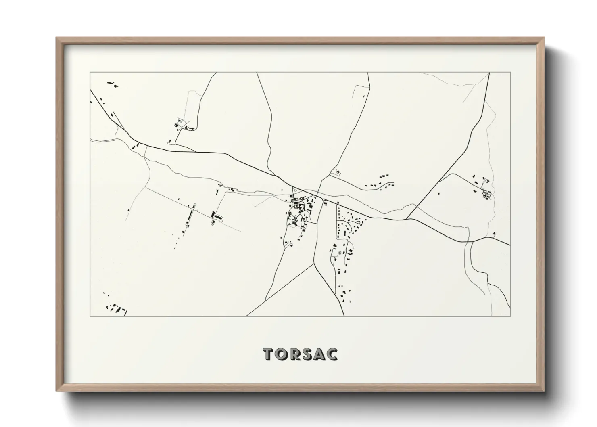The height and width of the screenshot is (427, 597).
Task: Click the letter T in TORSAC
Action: (x=269, y=354)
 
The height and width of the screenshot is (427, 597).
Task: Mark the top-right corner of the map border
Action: (x=510, y=73)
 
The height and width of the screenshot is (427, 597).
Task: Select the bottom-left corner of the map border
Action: (x=90, y=316)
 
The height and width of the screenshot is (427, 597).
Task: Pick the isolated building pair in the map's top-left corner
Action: (x=112, y=84)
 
